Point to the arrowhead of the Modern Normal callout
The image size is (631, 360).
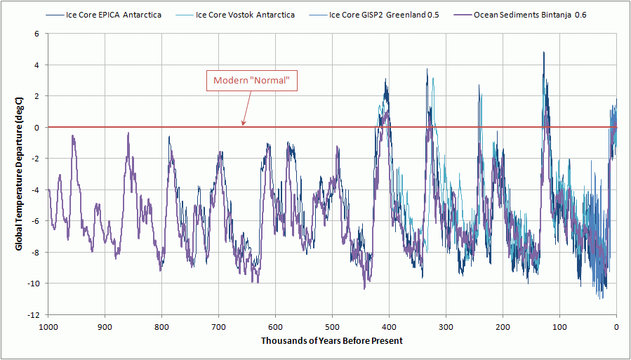point(242,126)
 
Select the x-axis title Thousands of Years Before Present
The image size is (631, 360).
point(332,341)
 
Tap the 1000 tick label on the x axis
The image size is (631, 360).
point(48,326)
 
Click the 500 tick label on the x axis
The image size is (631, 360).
point(332,326)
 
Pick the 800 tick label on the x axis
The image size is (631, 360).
point(161,326)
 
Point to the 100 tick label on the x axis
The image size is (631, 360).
point(559,326)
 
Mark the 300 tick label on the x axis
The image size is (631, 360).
point(446,326)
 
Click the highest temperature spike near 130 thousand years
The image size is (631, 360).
point(543,53)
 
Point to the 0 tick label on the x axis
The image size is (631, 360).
point(616,326)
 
